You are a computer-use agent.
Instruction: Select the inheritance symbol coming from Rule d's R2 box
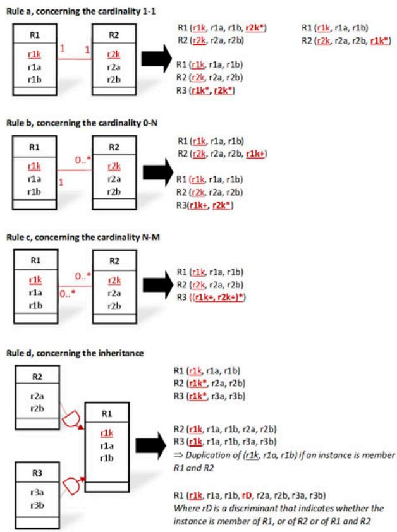point(70,418)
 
